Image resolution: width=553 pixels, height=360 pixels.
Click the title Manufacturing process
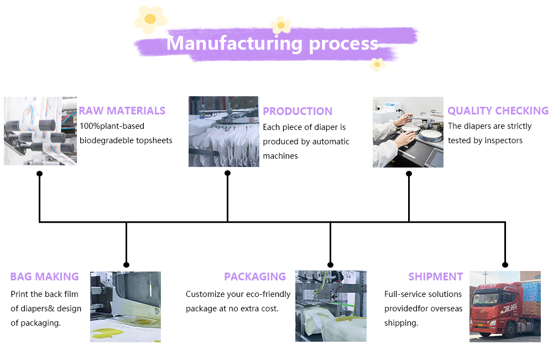click(x=272, y=43)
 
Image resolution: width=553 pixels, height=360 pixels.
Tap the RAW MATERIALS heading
click(x=122, y=111)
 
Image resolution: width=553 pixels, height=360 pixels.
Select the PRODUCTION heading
click(x=298, y=111)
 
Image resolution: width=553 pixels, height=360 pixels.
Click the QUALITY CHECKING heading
click(x=498, y=111)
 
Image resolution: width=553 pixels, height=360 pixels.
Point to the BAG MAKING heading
click(x=44, y=276)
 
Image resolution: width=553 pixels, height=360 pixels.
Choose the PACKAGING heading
click(x=255, y=276)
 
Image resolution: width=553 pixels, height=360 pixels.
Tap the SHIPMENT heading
click(x=436, y=276)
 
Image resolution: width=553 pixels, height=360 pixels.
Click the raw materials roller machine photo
click(x=40, y=131)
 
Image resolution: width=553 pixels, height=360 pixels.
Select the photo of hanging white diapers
click(x=223, y=132)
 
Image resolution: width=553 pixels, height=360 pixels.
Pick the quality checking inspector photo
click(x=408, y=132)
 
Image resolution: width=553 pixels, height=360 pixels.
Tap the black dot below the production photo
click(x=227, y=173)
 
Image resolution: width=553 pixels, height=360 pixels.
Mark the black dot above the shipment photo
click(x=505, y=265)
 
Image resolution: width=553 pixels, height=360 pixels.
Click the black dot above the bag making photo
click(x=126, y=265)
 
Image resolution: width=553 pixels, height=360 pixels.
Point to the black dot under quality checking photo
click(x=409, y=174)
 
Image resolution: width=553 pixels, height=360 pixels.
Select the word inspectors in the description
click(x=504, y=140)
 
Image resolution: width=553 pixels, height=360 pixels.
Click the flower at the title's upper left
click(x=150, y=19)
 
